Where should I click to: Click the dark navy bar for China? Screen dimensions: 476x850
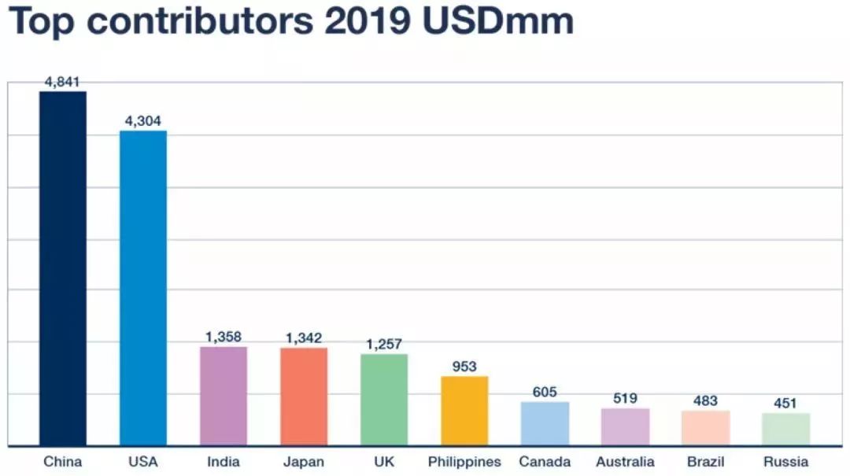63,268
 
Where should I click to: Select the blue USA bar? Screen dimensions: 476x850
143,287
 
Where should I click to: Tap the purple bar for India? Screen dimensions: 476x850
224,396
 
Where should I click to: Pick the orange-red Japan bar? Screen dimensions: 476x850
304,396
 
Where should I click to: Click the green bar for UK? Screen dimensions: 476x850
384,399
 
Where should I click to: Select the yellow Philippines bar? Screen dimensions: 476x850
464,410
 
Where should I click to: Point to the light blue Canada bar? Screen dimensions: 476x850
545,423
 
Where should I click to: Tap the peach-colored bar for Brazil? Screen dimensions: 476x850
705,427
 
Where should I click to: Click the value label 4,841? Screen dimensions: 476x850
63,82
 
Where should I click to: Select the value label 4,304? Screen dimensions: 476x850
143,121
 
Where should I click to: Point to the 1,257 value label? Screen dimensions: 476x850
384,345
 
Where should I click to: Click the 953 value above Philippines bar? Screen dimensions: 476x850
464,367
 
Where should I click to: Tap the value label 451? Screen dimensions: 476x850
785,404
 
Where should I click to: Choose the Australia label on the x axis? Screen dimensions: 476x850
625,462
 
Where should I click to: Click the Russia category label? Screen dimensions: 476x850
785,462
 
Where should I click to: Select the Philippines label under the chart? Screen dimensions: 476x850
464,462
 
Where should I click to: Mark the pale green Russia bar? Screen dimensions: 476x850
785,429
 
